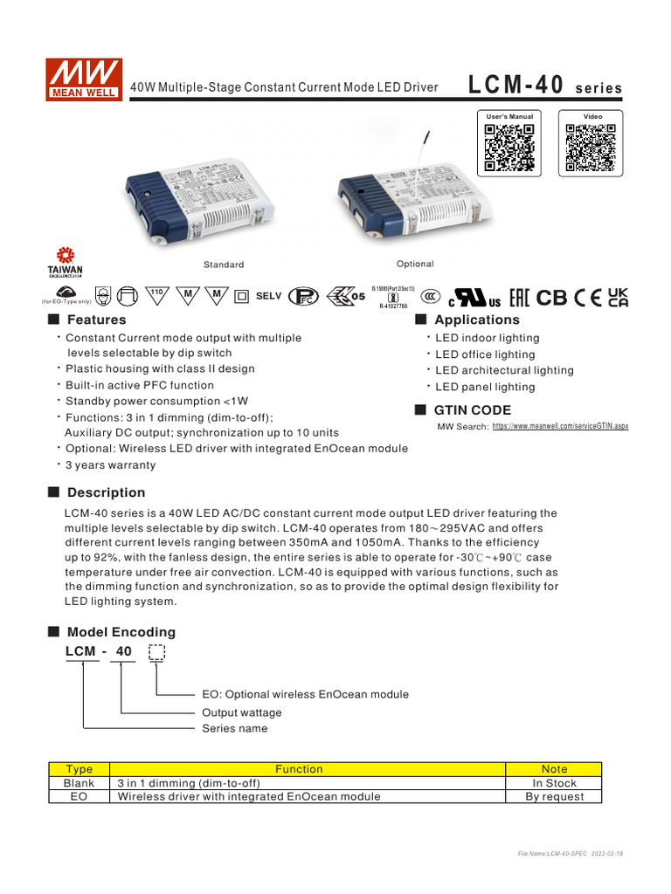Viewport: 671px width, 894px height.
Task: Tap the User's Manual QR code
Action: tap(509, 148)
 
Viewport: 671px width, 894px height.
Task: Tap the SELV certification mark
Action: tap(268, 296)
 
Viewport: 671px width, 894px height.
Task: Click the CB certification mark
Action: tap(551, 297)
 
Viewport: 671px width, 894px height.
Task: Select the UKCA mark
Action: tap(618, 297)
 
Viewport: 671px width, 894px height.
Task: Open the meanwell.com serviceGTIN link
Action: tap(560, 426)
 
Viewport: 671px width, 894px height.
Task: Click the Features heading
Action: tap(96, 320)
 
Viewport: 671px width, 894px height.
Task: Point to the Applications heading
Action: tap(476, 320)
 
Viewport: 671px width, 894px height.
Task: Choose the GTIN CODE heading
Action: tap(473, 410)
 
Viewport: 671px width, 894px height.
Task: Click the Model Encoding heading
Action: tap(121, 631)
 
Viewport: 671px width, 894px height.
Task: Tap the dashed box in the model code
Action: tap(157, 652)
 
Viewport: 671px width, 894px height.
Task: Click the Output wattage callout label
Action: tap(242, 712)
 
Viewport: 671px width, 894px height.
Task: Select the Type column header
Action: tap(80, 769)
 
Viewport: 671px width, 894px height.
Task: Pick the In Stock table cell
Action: tap(554, 783)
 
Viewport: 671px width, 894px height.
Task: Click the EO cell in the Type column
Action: tap(80, 796)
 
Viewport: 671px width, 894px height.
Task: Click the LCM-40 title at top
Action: tap(517, 86)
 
